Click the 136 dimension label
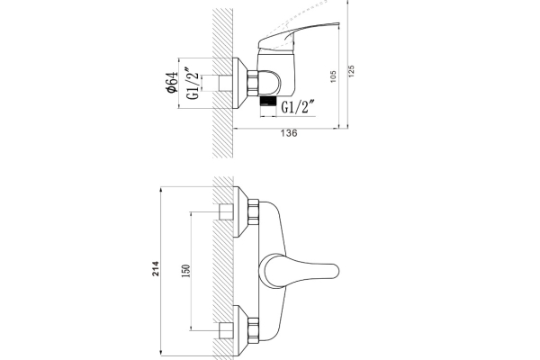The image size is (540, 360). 289,133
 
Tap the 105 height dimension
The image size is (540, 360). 333,76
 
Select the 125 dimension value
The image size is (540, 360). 351,71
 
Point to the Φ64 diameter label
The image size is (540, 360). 172,82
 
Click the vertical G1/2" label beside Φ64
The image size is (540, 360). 193,83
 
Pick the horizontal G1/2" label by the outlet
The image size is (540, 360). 298,107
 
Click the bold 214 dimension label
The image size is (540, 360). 156,268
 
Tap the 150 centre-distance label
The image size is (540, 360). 185,271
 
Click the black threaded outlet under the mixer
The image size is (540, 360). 268,101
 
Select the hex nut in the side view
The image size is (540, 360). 252,83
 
